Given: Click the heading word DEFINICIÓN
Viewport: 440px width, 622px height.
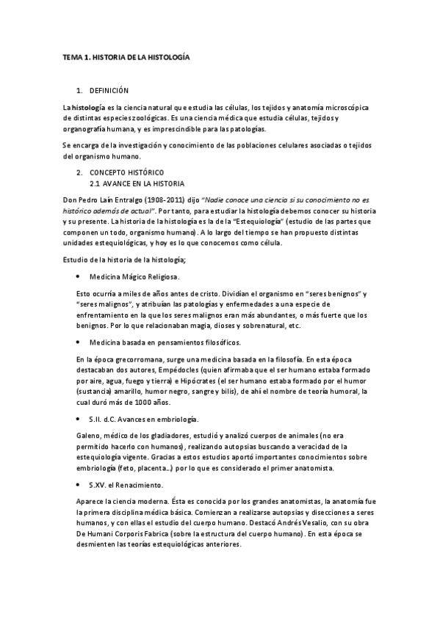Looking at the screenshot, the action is coord(109,91).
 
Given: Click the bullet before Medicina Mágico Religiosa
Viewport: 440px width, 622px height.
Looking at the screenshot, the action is coord(78,277).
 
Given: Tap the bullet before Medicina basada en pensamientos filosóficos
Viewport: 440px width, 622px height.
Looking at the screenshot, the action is coord(78,343).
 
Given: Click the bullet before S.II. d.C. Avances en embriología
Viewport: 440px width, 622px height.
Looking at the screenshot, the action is coord(78,419).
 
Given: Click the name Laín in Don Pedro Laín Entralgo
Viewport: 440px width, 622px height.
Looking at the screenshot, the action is coord(112,200).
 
